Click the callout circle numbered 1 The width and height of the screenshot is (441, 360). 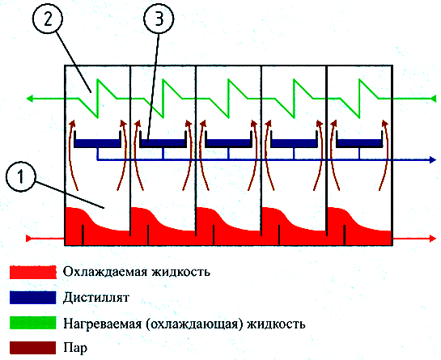tap(20, 177)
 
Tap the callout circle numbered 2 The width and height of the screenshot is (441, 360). tap(48, 19)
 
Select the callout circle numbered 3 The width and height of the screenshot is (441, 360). tap(159, 19)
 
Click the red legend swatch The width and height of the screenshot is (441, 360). tap(33, 272)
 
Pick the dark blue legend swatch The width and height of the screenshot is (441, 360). tap(33, 297)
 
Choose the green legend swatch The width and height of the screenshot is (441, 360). tap(33, 323)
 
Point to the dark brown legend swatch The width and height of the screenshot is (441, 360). tap(33, 348)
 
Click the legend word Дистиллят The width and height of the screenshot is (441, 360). tap(96, 297)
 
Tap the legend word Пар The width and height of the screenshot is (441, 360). tap(75, 348)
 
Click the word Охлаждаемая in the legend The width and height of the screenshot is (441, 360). tap(105, 272)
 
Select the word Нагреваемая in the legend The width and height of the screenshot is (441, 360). tap(103, 324)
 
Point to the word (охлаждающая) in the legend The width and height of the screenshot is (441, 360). tap(194, 324)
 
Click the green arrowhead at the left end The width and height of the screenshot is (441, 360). tap(30, 99)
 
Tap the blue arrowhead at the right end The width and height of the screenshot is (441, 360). tap(433, 159)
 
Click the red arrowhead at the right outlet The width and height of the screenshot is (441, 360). tap(433, 239)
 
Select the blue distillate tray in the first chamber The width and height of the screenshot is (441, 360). tap(97, 143)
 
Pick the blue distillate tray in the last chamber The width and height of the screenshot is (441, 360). tap(359, 143)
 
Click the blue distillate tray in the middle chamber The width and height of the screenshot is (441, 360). tap(228, 143)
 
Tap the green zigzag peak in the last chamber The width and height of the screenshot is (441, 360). tap(359, 79)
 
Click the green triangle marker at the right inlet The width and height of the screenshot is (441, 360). tap(434, 99)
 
